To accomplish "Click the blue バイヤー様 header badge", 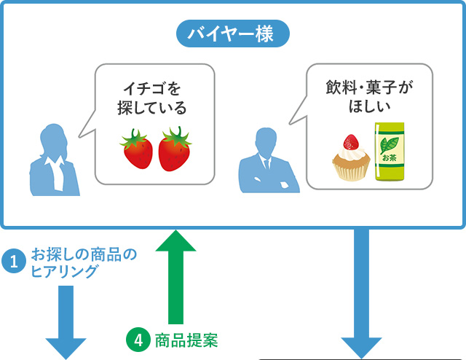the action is tap(233, 34).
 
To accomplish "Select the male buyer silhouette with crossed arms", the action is tap(269, 163).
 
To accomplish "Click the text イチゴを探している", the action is tap(152, 98).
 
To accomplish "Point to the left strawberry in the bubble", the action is tap(138, 149).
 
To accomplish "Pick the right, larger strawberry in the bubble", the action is tap(175, 149).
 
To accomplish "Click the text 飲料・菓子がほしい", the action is tap(369, 96).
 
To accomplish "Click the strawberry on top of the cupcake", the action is tap(351, 142).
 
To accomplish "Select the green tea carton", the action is tap(390, 152).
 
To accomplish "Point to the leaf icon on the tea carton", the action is tap(389, 145).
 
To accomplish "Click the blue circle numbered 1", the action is tap(14, 261).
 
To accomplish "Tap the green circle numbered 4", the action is tap(138, 340).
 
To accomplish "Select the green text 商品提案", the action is tap(186, 340).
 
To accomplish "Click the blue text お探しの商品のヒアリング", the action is tap(84, 262).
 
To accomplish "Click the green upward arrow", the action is tap(175, 277).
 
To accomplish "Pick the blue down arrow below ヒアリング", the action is tap(66, 323).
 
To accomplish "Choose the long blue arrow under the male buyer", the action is tap(361, 294).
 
